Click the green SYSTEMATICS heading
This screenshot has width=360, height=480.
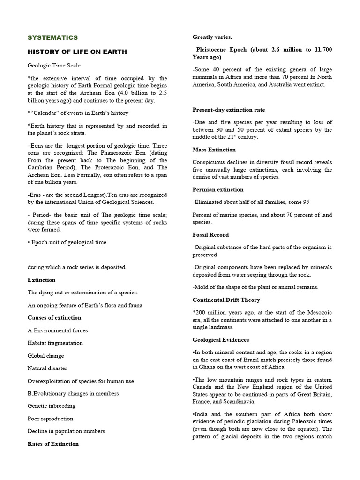coord(53,37)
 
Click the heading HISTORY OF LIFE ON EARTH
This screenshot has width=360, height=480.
coord(77,52)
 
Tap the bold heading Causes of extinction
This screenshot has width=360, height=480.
coord(54,318)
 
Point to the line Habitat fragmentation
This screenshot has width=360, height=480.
coord(55,343)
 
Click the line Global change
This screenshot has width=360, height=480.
coord(46,356)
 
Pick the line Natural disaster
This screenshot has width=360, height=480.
coord(47,368)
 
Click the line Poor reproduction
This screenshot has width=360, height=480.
coord(50,419)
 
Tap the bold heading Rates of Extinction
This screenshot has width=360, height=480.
coord(53,444)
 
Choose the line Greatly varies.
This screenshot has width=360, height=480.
coord(212,37)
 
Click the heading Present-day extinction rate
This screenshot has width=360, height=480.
coord(229,110)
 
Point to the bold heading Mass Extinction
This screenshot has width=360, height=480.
coord(214,150)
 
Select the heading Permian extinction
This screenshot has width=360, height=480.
coord(218,189)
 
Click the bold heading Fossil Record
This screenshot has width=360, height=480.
coord(211,234)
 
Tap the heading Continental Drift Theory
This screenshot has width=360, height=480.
coord(226,300)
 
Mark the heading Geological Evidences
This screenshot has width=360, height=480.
coord(221,340)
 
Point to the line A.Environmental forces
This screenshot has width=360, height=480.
coord(58,330)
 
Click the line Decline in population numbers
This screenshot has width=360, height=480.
coord(66,431)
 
